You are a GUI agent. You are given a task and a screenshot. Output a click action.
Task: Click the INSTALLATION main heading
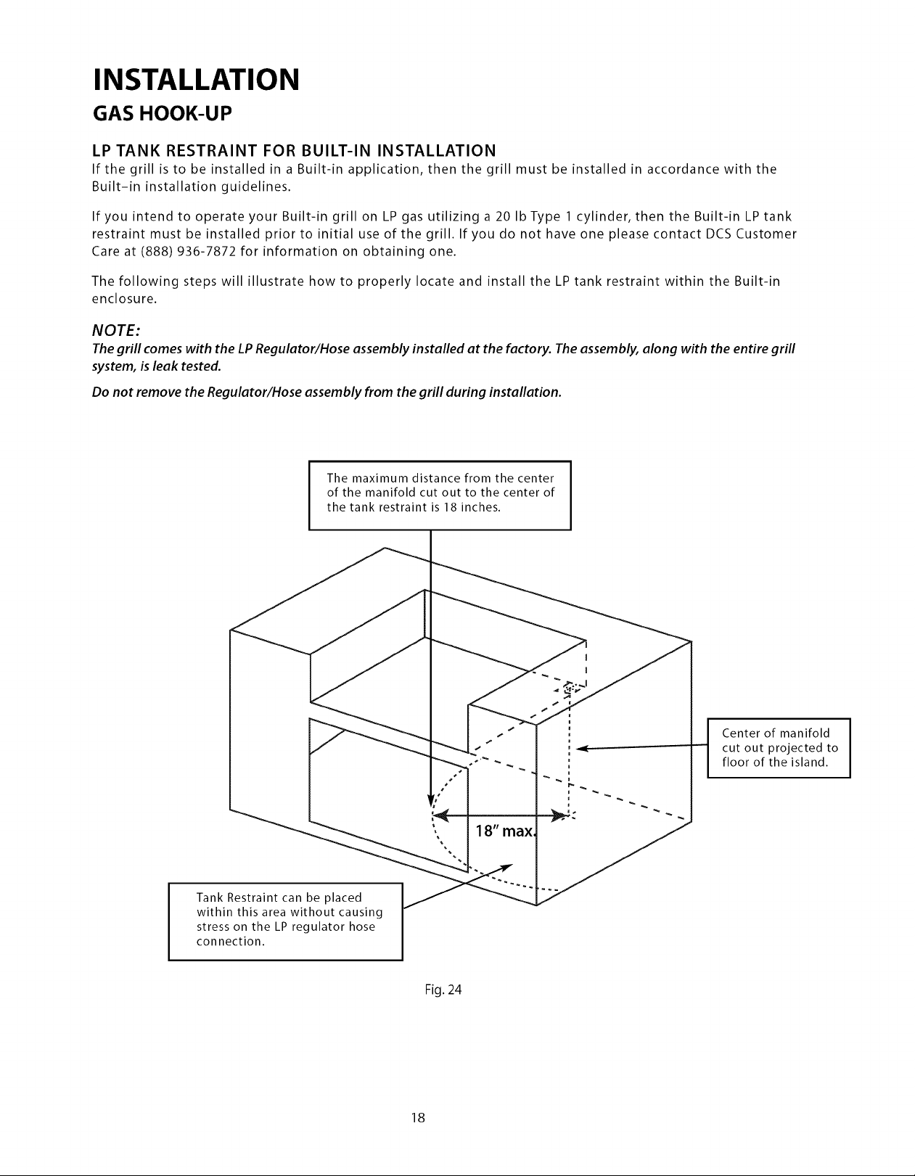[x=196, y=80]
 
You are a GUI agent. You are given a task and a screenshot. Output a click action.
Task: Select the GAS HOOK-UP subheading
[x=163, y=114]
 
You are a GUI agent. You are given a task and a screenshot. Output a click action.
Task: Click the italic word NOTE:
[x=116, y=330]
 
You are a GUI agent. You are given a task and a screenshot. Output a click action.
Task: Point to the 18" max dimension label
[x=505, y=831]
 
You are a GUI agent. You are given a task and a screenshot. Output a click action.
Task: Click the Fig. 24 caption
[x=443, y=990]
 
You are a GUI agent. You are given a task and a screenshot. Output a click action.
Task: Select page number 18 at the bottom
[x=418, y=1117]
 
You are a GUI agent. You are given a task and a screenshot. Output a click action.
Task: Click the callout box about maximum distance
[x=440, y=496]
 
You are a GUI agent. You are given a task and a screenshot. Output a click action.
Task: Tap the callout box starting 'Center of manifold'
[x=779, y=748]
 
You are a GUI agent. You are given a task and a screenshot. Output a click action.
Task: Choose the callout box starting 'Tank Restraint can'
[x=286, y=921]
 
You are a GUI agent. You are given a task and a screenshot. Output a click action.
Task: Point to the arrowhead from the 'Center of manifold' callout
[x=581, y=749]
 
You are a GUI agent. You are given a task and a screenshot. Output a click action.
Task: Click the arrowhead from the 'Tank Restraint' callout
[x=506, y=867]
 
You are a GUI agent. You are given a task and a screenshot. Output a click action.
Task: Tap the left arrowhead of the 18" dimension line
[x=442, y=815]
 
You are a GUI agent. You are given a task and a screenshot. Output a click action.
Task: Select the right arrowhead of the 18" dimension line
[x=559, y=815]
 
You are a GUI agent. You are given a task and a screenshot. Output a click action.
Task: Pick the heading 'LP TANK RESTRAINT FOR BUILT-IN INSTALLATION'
[x=294, y=150]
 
